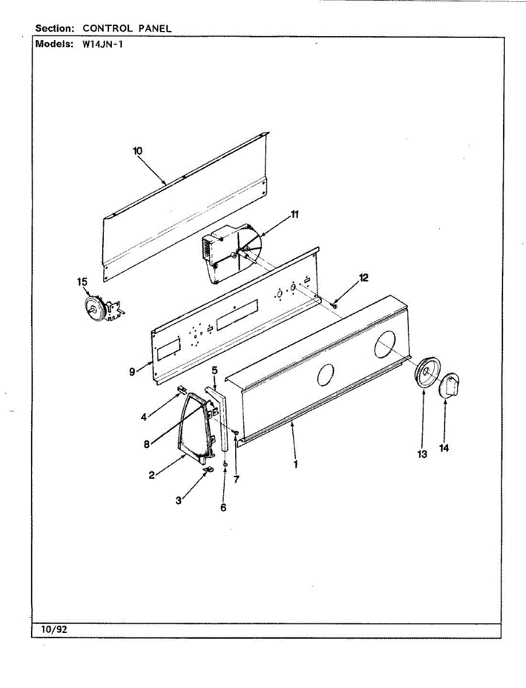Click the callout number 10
(x=138, y=151)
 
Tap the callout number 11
(x=294, y=215)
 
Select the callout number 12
(x=364, y=277)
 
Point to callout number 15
(x=83, y=282)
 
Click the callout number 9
(x=132, y=372)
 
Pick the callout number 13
(x=422, y=454)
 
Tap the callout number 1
(x=296, y=464)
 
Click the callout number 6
(x=223, y=507)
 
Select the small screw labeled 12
(x=334, y=306)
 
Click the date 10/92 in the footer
(x=54, y=630)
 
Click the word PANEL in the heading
(x=154, y=28)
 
